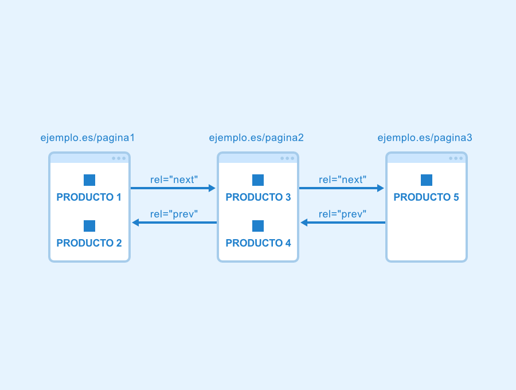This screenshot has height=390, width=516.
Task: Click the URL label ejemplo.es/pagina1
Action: tap(88, 138)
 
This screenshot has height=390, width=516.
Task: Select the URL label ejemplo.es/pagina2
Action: tap(256, 138)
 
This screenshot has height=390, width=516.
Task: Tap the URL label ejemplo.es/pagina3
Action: tap(425, 138)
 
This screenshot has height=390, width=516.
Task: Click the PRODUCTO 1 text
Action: tap(89, 197)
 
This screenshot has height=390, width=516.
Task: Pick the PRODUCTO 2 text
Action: tap(89, 243)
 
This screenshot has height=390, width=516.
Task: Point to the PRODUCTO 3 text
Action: tap(259, 197)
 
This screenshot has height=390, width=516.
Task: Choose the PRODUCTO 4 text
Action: tap(259, 243)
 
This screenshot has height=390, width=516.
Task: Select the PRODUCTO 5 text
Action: tap(426, 197)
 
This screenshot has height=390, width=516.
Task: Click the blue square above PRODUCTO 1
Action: tap(89, 180)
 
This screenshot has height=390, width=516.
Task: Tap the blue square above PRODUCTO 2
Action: tap(89, 226)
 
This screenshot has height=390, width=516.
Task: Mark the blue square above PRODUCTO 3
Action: tap(258, 180)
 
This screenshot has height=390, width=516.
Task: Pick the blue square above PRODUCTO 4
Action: tap(258, 226)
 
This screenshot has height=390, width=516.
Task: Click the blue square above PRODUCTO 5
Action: tap(427, 180)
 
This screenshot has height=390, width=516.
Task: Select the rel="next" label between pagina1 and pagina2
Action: tap(174, 180)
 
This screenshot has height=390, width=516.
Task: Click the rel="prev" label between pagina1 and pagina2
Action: tap(174, 214)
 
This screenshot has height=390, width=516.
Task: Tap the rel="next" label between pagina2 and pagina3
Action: tap(342, 180)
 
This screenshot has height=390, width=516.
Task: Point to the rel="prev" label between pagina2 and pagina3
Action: tap(342, 214)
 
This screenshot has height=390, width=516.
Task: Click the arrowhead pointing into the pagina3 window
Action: tap(381, 188)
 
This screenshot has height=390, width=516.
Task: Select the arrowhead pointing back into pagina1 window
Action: tap(135, 223)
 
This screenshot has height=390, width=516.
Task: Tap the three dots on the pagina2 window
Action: tap(287, 158)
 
